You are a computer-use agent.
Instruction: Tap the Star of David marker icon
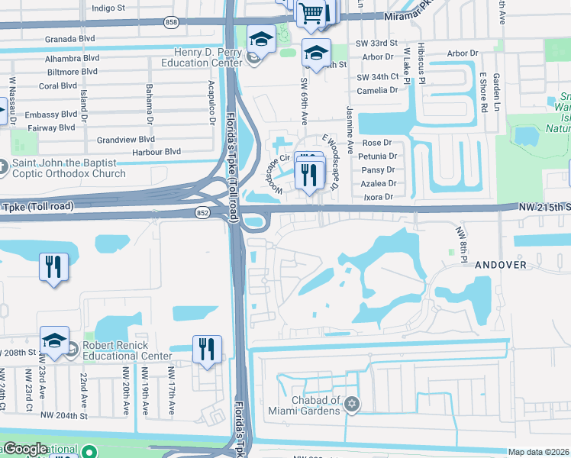click(x=351, y=405)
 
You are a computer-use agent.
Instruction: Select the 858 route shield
click(x=172, y=24)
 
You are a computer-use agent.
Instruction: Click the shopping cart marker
click(x=313, y=12)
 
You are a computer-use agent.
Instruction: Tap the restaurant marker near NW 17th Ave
click(x=207, y=349)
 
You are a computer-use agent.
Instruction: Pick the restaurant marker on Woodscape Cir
click(x=309, y=176)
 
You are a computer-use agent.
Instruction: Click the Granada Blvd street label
click(x=69, y=38)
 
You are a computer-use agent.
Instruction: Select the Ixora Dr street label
click(x=378, y=196)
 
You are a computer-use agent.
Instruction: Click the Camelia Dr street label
click(x=383, y=90)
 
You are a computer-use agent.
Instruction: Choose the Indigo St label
click(x=108, y=8)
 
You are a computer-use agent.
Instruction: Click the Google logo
click(x=25, y=449)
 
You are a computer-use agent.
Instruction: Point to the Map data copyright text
click(x=539, y=452)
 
